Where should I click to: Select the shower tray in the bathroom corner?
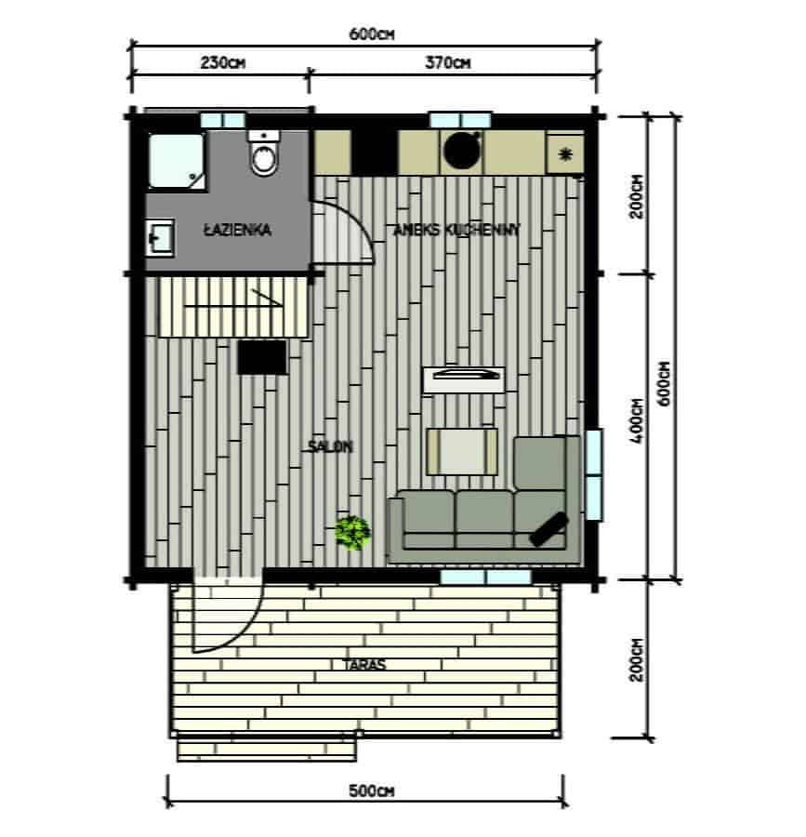click(x=177, y=161)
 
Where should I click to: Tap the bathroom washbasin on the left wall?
click(x=160, y=238)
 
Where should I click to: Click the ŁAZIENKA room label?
click(x=237, y=230)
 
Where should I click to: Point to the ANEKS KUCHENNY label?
click(x=456, y=230)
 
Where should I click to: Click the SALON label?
click(x=330, y=446)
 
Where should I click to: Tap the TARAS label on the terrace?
click(x=364, y=665)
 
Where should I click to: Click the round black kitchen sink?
click(x=463, y=151)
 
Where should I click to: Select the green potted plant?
click(x=352, y=532)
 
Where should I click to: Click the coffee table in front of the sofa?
click(x=462, y=451)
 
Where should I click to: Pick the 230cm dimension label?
click(x=223, y=63)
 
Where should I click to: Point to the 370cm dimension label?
click(x=448, y=63)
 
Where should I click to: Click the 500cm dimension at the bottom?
click(x=371, y=790)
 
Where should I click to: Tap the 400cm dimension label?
click(x=637, y=421)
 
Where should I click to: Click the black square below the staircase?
click(x=262, y=357)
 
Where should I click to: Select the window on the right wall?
click(x=594, y=474)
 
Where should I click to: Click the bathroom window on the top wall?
click(x=223, y=120)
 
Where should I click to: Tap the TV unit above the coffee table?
click(x=464, y=379)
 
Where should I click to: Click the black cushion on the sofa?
click(x=548, y=529)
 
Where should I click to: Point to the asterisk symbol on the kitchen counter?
click(x=565, y=154)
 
